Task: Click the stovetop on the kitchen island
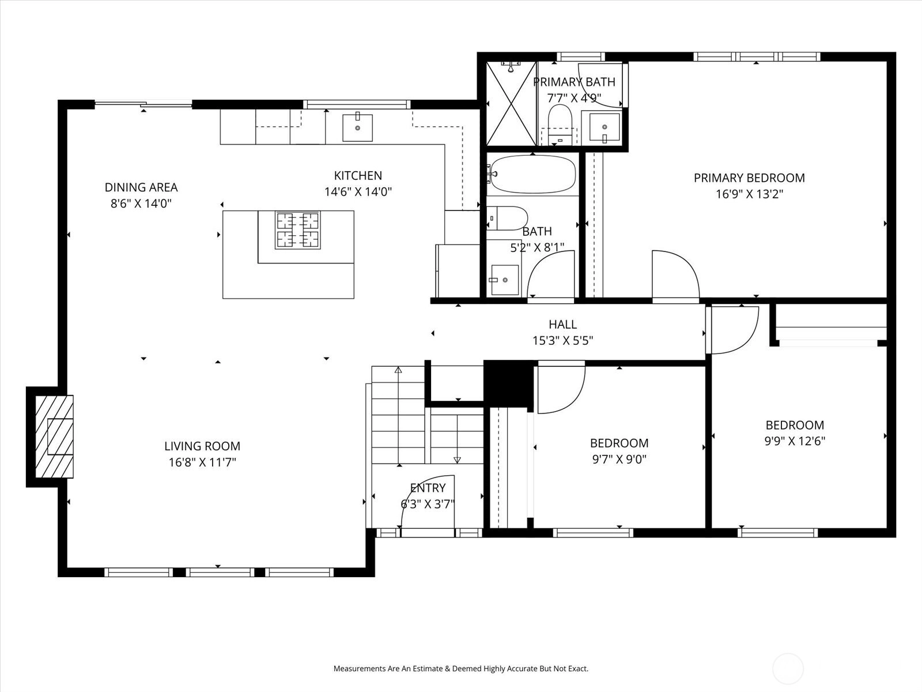pos(298,230)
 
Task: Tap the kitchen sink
pos(357,127)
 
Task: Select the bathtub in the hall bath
pos(532,174)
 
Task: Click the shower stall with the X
pos(511,104)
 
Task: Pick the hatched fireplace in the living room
pos(54,437)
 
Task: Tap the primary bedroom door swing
pos(675,275)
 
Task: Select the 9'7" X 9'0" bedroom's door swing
pos(561,389)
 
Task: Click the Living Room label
pos(202,446)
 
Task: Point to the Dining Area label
pos(141,187)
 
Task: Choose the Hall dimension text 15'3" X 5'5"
pos(563,340)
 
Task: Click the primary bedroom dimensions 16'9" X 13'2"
pos(749,194)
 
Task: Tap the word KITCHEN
pos(358,175)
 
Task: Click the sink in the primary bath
pos(604,127)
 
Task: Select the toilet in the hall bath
pos(507,218)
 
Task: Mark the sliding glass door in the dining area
pos(143,104)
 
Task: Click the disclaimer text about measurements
pos(461,668)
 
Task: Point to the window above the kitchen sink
pos(357,104)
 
